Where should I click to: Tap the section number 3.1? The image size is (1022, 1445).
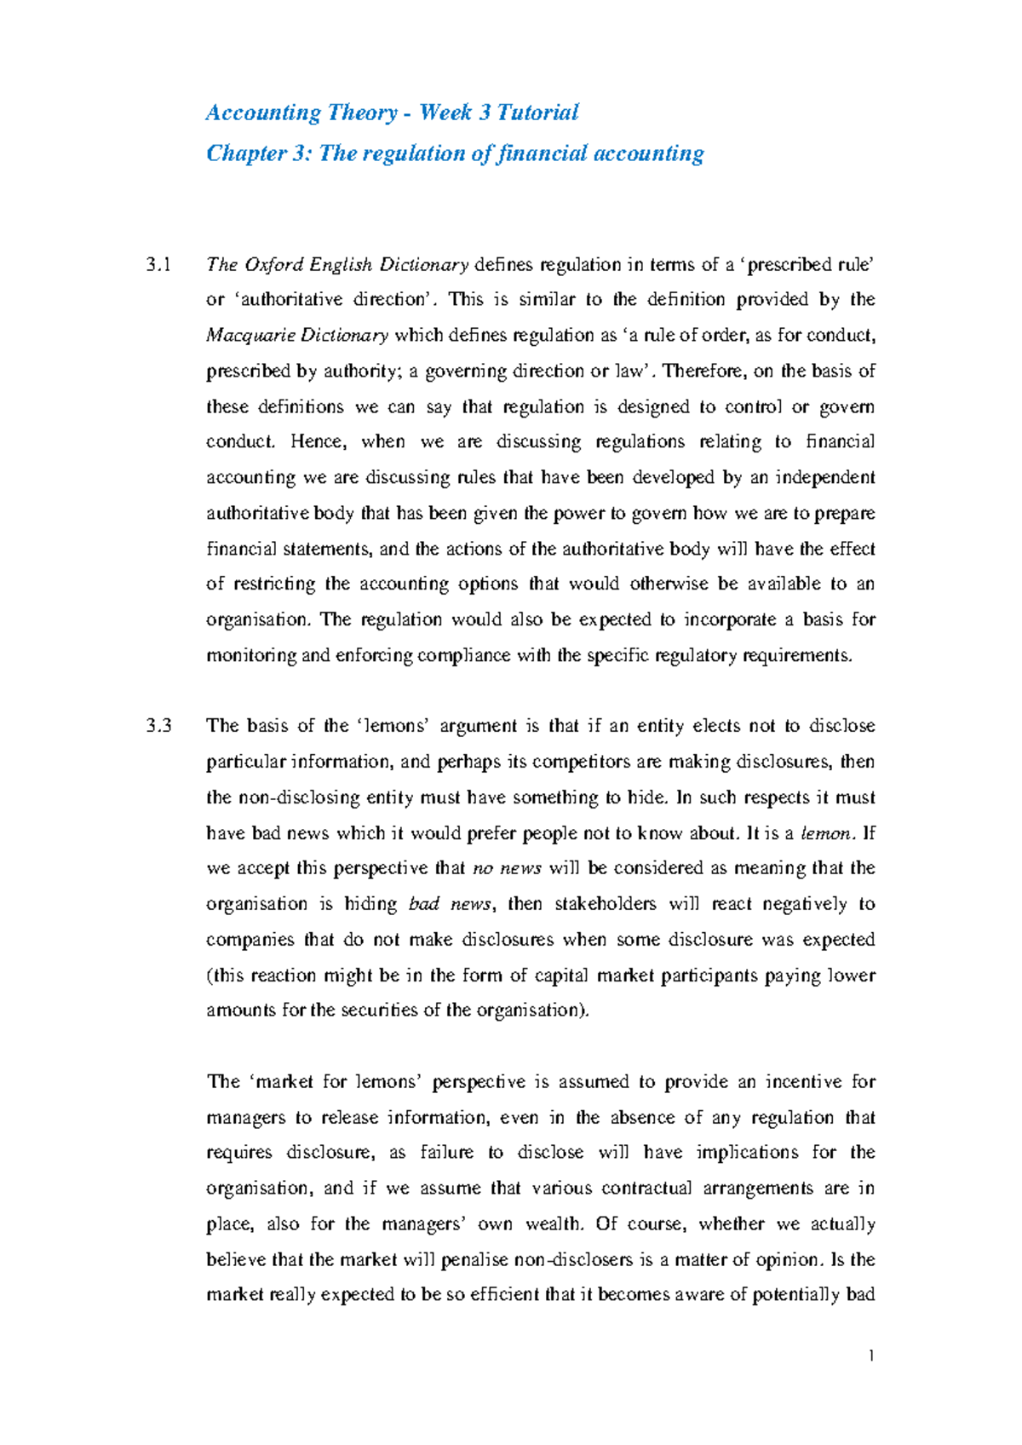pyautogui.click(x=158, y=264)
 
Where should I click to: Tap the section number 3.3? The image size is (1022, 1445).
pyautogui.click(x=158, y=726)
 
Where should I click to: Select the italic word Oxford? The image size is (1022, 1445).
pyautogui.click(x=274, y=264)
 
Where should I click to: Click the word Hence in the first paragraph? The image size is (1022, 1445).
pyautogui.click(x=315, y=442)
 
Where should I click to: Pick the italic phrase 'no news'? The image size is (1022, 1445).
pyautogui.click(x=508, y=868)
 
